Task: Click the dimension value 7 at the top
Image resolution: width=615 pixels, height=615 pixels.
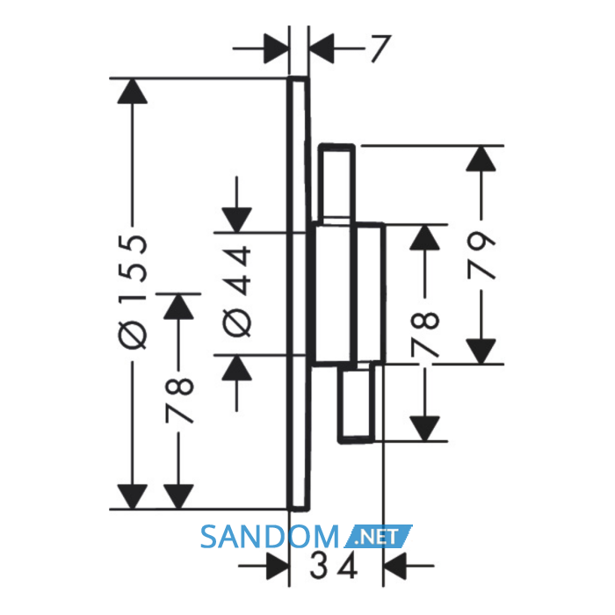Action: click(380, 48)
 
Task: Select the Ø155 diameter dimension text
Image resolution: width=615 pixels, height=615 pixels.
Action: click(133, 293)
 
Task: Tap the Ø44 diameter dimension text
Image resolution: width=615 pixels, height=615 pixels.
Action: click(236, 292)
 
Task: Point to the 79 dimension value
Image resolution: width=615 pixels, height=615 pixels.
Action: click(481, 256)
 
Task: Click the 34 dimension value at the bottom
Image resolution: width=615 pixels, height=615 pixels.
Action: click(334, 566)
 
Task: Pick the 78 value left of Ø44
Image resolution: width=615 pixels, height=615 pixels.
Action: click(179, 401)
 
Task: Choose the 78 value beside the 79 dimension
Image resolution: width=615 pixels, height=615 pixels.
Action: click(424, 334)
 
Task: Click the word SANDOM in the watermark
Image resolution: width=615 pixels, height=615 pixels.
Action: click(270, 537)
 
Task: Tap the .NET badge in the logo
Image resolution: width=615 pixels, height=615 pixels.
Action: click(379, 536)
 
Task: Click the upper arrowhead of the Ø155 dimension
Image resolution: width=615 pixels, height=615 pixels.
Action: click(133, 91)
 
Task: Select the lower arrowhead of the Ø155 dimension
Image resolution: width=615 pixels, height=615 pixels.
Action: click(133, 496)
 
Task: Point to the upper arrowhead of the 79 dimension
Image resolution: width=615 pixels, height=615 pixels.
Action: click(481, 158)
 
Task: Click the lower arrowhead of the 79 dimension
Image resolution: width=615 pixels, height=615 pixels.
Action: click(481, 351)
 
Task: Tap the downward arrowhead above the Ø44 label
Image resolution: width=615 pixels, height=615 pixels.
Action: click(236, 220)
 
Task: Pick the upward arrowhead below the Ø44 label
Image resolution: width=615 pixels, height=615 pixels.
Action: click(236, 367)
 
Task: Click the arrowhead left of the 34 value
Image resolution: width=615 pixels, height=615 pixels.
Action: click(278, 566)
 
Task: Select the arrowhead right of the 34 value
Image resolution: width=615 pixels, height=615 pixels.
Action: click(394, 566)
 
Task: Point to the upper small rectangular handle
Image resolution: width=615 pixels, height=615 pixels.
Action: click(336, 184)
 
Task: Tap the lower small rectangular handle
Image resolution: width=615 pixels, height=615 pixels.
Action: click(356, 402)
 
